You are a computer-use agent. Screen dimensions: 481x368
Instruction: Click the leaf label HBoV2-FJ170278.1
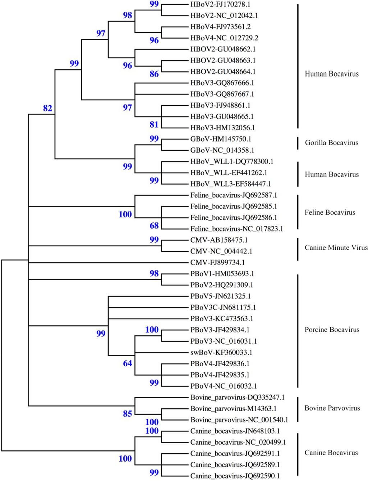(220, 4)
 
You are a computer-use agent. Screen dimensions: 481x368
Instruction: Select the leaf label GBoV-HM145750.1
(221, 139)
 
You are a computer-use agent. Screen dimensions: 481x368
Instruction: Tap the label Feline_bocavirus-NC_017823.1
(236, 229)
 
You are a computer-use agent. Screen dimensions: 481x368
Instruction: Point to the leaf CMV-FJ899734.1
(217, 262)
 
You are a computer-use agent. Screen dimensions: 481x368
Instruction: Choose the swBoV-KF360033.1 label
(221, 352)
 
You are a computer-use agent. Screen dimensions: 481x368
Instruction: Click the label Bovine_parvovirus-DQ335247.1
(237, 397)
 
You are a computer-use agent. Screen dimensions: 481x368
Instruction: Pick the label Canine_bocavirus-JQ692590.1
(235, 476)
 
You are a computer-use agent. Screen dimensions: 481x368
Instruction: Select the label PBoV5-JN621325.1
(220, 296)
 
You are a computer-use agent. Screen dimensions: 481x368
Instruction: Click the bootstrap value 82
(47, 108)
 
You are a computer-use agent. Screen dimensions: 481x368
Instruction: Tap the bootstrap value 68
(154, 226)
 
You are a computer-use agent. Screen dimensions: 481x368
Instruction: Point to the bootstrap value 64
(128, 363)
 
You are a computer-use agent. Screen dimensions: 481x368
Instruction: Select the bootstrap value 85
(128, 414)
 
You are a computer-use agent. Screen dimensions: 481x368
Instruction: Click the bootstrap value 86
(154, 74)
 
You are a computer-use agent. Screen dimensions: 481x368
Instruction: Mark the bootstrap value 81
(154, 124)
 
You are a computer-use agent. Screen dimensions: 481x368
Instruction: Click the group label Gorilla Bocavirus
(331, 143)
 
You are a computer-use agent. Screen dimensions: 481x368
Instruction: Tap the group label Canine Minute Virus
(336, 248)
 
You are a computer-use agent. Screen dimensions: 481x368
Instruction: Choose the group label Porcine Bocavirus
(332, 330)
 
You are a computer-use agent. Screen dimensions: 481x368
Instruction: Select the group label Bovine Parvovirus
(332, 408)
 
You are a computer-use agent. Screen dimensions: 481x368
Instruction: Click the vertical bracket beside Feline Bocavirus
(298, 212)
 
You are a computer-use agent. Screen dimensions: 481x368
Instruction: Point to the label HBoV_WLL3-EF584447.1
(230, 184)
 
